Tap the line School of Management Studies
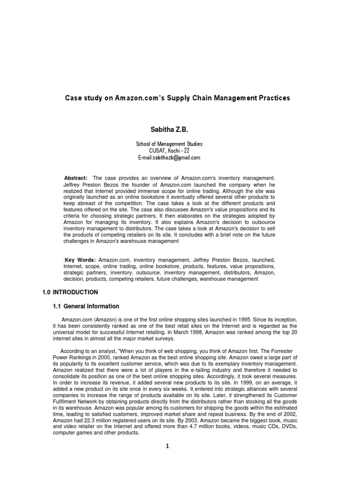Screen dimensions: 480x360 [x=169, y=144]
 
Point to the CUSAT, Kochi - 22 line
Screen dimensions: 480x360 [x=169, y=150]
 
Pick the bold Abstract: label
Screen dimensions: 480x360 [x=75, y=178]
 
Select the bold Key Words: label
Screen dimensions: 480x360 [x=80, y=260]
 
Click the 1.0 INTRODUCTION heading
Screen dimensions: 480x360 [x=70, y=292]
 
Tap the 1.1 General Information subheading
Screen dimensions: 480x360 [x=86, y=306]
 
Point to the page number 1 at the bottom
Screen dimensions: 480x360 [x=166, y=446]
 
